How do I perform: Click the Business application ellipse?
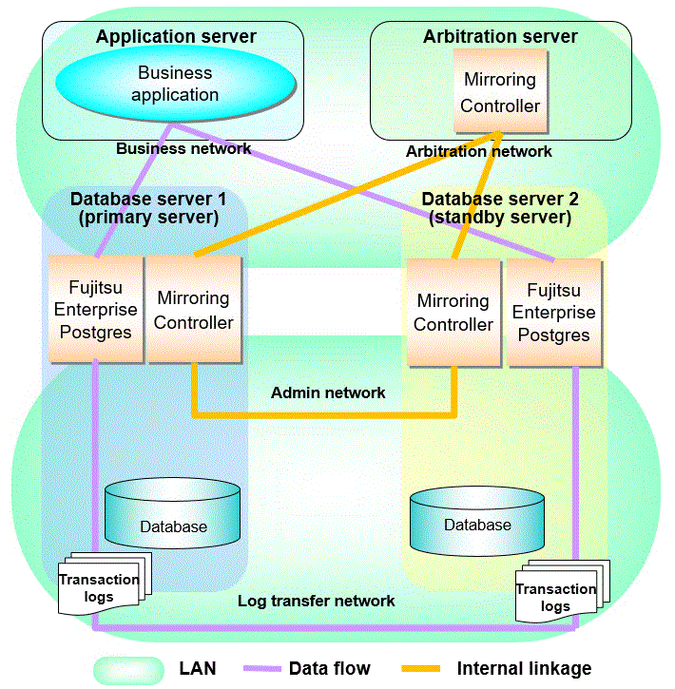pyautogui.click(x=174, y=84)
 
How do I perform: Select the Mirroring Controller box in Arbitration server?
pyautogui.click(x=500, y=92)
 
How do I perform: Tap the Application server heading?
pyautogui.click(x=176, y=37)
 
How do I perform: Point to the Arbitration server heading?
pyautogui.click(x=500, y=37)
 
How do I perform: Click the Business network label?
pyautogui.click(x=183, y=148)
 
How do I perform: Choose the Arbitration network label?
pyautogui.click(x=478, y=151)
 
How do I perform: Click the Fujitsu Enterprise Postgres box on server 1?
pyautogui.click(x=95, y=308)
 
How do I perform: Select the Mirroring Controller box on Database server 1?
pyautogui.click(x=194, y=310)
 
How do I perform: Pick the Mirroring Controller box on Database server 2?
pyautogui.click(x=453, y=313)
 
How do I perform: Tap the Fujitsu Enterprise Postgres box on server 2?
pyautogui.click(x=554, y=313)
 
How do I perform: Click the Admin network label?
pyautogui.click(x=328, y=392)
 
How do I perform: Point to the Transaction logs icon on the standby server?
pyautogui.click(x=559, y=595)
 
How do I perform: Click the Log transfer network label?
pyautogui.click(x=317, y=601)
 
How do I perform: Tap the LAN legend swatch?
pyautogui.click(x=128, y=668)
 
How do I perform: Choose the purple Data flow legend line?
pyautogui.click(x=270, y=668)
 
